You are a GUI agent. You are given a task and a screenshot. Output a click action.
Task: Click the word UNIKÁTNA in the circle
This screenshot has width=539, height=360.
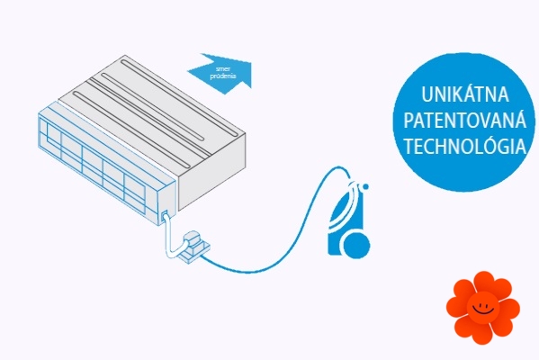pyautogui.click(x=464, y=94)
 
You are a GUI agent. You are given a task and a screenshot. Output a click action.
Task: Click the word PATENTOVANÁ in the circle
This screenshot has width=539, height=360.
pyautogui.click(x=464, y=120)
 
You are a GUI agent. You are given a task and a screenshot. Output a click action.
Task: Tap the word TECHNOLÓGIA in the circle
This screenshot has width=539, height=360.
pyautogui.click(x=464, y=146)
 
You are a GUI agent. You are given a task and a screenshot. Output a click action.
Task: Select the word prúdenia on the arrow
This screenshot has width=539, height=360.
pyautogui.click(x=223, y=76)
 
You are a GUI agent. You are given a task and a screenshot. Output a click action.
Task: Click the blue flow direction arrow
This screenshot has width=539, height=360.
pyautogui.click(x=220, y=74)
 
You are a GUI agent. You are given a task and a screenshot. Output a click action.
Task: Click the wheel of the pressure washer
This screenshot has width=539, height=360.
pyautogui.click(x=356, y=245)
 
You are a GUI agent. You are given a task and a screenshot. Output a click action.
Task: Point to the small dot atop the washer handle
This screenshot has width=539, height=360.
pyautogui.click(x=365, y=186)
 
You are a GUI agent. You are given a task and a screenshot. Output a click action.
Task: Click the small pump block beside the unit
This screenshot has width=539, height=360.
pyautogui.click(x=193, y=247)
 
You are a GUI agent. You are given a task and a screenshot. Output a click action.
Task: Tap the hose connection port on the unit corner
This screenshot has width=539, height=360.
pyautogui.click(x=164, y=215)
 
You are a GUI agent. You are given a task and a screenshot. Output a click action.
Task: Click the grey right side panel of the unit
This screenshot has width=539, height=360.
pyautogui.click(x=211, y=172)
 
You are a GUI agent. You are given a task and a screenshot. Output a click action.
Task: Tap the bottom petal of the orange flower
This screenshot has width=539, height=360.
pyautogui.click(x=484, y=333)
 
